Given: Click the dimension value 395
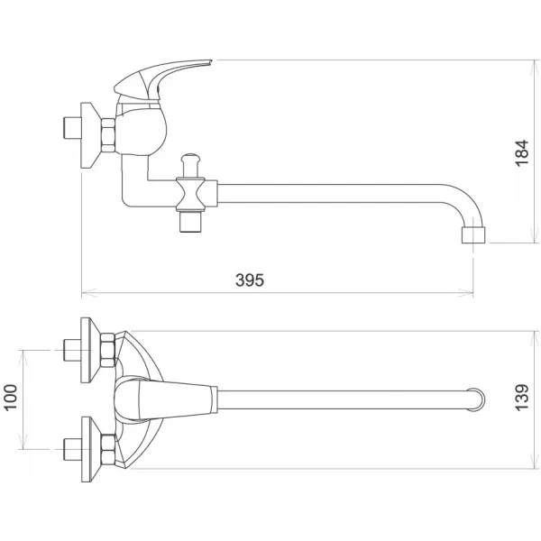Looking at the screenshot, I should tap(250, 280).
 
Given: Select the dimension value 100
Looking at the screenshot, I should tap(12, 397).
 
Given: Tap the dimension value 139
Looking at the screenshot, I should tap(521, 398).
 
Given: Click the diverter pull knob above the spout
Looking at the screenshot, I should tap(188, 162).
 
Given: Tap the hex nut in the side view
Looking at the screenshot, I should tap(108, 132).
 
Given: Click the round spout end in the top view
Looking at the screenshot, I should tap(474, 398).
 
